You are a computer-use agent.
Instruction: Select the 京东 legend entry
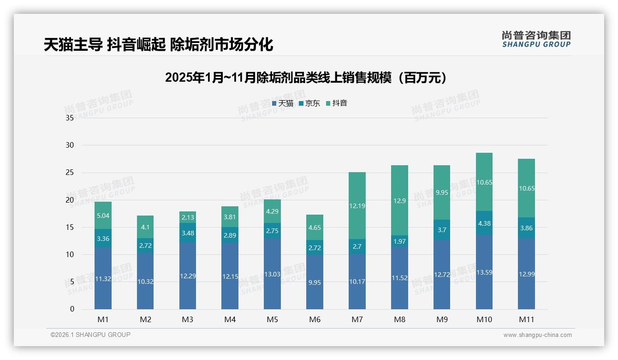point(309,103)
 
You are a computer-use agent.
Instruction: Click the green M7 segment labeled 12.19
point(357,206)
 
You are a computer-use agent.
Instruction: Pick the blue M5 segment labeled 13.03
point(272,274)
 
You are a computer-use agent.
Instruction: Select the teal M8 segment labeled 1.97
point(399,241)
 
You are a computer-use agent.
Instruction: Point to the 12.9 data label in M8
point(399,201)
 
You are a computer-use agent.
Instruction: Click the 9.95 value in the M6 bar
point(315,282)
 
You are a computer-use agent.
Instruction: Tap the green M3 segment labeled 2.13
point(188,217)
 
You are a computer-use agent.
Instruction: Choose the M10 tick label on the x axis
point(484,319)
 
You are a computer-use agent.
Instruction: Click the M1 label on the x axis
point(103,319)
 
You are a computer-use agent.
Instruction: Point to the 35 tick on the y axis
point(70,118)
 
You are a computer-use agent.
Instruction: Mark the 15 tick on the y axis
point(70,227)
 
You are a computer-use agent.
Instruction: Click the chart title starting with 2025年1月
point(306,78)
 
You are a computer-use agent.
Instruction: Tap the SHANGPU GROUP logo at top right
point(536,39)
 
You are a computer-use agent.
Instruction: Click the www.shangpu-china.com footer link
point(537,335)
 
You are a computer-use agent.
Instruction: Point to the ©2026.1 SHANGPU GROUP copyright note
point(90,335)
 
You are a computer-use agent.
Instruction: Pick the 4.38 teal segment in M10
point(484,223)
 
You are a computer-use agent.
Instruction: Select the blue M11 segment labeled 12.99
point(526,274)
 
